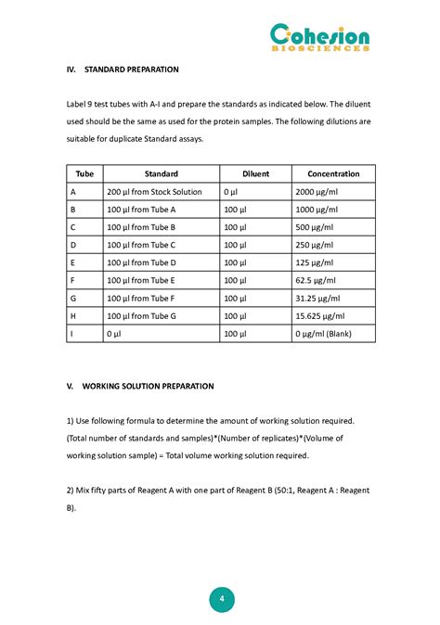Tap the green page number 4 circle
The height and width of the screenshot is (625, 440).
point(221,599)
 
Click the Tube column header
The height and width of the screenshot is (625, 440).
point(84,173)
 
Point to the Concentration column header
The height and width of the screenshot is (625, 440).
point(333,173)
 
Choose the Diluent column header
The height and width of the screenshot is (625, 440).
point(255,173)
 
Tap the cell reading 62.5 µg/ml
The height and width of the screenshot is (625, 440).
point(317,280)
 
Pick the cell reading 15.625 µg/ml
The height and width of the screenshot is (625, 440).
point(320,316)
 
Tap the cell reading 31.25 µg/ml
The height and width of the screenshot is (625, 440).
point(318,299)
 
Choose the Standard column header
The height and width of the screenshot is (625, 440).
point(162,173)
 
